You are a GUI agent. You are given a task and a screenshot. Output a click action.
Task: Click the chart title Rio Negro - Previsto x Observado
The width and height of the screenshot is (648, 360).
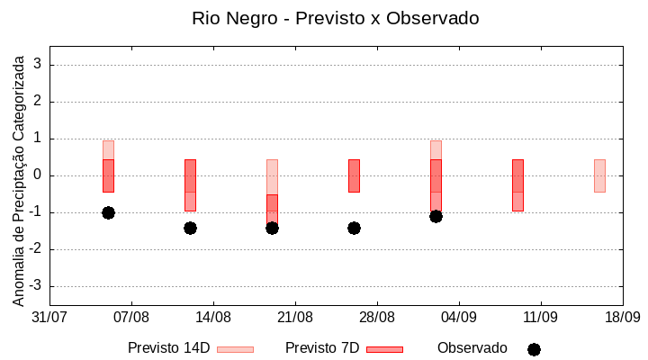336,18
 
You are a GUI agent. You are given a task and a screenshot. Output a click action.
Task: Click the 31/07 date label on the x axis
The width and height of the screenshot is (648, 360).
49,317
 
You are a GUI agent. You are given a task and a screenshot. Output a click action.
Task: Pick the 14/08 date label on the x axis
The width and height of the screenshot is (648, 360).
213,317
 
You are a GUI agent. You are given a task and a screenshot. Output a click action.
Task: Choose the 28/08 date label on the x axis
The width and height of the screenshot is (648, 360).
377,317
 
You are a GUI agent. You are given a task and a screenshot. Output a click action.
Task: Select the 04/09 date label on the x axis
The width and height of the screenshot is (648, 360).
459,317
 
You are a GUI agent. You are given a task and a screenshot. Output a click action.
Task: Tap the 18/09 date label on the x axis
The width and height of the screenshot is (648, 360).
622,317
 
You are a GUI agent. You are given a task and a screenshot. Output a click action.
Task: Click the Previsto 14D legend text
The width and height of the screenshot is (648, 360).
169,348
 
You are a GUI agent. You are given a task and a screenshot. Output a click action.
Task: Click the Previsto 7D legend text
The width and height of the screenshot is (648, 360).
321,348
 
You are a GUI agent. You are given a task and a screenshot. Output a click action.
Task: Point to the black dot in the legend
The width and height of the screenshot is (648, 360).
534,349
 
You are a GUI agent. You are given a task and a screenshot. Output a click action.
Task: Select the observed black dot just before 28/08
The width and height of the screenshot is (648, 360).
354,228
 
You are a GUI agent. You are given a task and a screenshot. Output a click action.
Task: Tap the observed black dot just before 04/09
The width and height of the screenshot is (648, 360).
436,216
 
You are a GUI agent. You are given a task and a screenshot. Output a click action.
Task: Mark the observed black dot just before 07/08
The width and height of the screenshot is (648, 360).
108,212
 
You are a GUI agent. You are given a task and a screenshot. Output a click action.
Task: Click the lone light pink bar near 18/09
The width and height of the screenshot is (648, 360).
599,175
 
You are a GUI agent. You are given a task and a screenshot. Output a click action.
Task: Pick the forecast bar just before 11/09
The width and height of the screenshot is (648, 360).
517,184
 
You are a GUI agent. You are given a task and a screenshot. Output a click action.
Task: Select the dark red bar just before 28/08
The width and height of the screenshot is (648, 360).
354,175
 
